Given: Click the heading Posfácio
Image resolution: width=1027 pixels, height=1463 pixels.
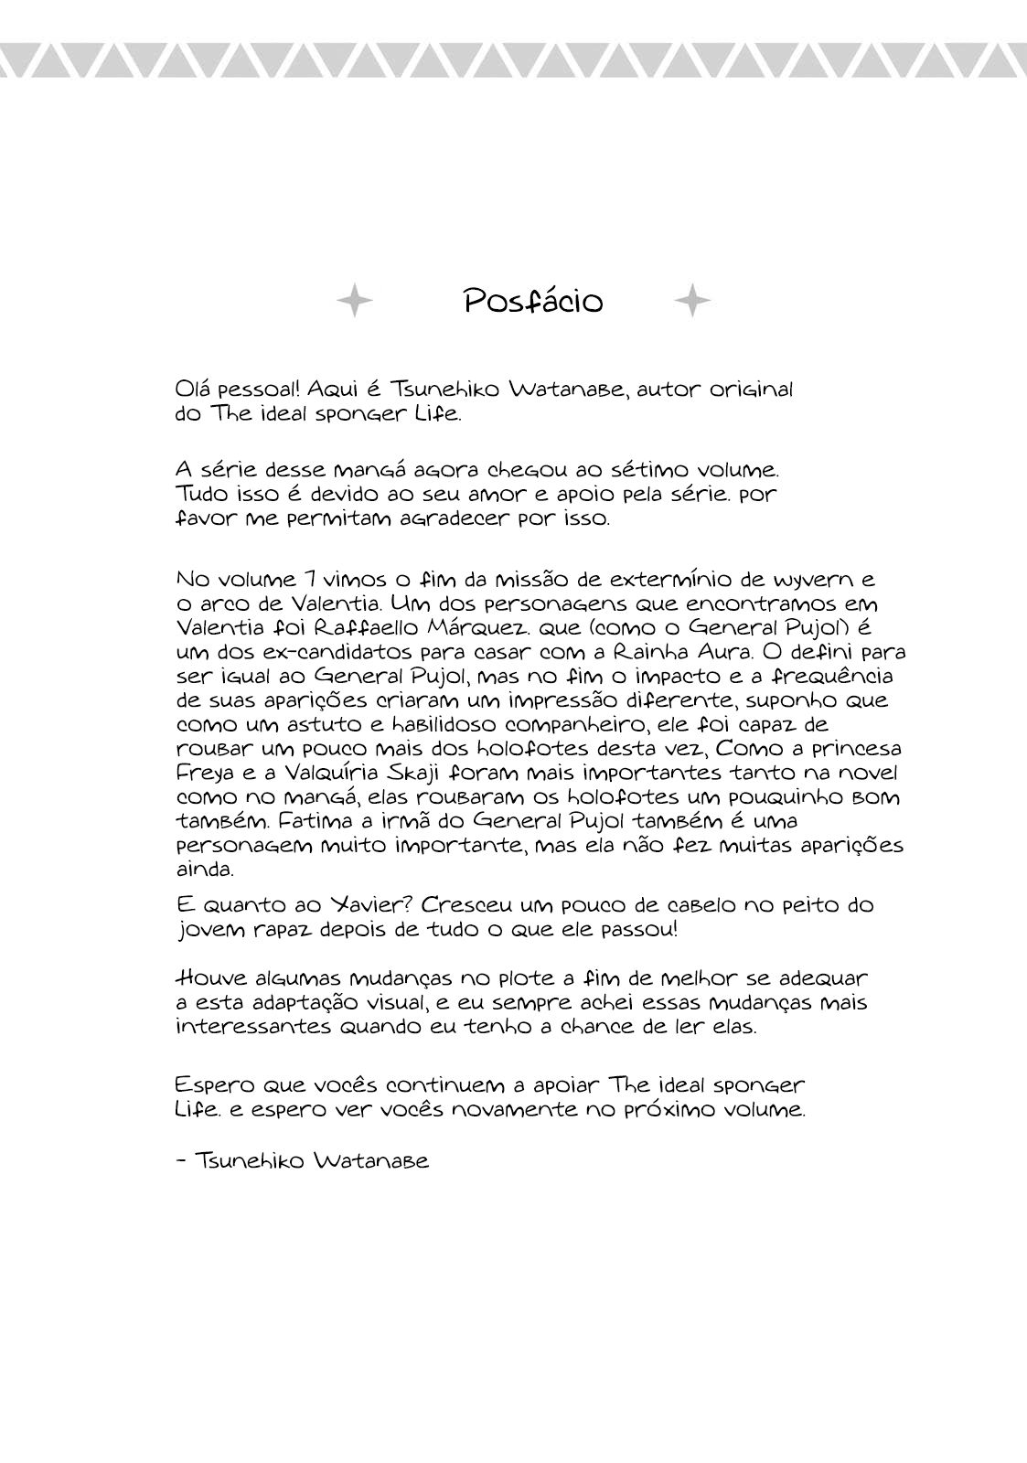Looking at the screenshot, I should click(x=533, y=301).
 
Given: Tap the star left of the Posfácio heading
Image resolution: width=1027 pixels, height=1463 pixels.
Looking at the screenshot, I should click(x=355, y=300).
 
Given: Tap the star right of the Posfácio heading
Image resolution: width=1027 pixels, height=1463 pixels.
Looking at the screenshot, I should click(x=692, y=300).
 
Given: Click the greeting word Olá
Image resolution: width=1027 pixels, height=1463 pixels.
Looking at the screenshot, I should click(x=193, y=389).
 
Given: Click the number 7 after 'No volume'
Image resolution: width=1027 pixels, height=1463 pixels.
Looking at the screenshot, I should click(x=313, y=580).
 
